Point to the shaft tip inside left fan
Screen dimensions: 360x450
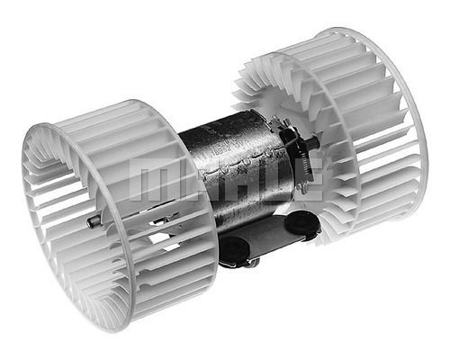[93, 221]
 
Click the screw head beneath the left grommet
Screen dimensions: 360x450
[253, 263]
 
